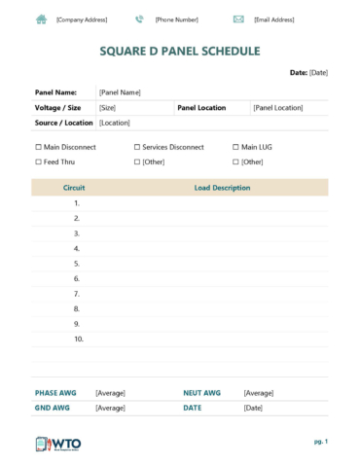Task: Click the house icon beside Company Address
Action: [41, 19]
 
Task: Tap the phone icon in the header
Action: [139, 19]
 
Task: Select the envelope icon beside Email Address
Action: [238, 19]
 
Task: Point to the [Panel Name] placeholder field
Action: [120, 92]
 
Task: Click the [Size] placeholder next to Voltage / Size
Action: [107, 108]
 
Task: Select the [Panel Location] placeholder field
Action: [278, 108]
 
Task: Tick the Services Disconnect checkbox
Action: [137, 147]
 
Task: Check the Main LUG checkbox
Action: [234, 147]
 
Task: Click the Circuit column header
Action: [74, 188]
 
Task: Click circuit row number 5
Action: [77, 264]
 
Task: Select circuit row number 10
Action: [79, 339]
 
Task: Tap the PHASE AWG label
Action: [54, 393]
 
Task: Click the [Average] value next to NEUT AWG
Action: [258, 393]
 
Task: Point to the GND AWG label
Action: [53, 409]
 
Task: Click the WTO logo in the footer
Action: [58, 444]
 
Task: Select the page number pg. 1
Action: [320, 442]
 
